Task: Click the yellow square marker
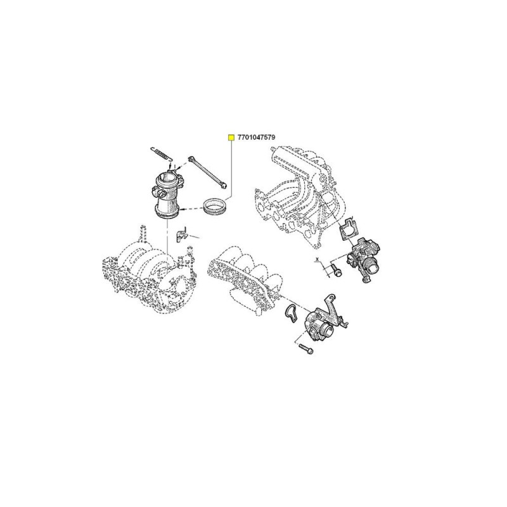pos(231,138)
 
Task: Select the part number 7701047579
pos(256,138)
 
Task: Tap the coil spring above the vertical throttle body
pos(160,153)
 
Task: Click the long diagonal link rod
pos(208,172)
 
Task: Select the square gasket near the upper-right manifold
pos(347,229)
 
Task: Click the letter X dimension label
pos(318,259)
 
